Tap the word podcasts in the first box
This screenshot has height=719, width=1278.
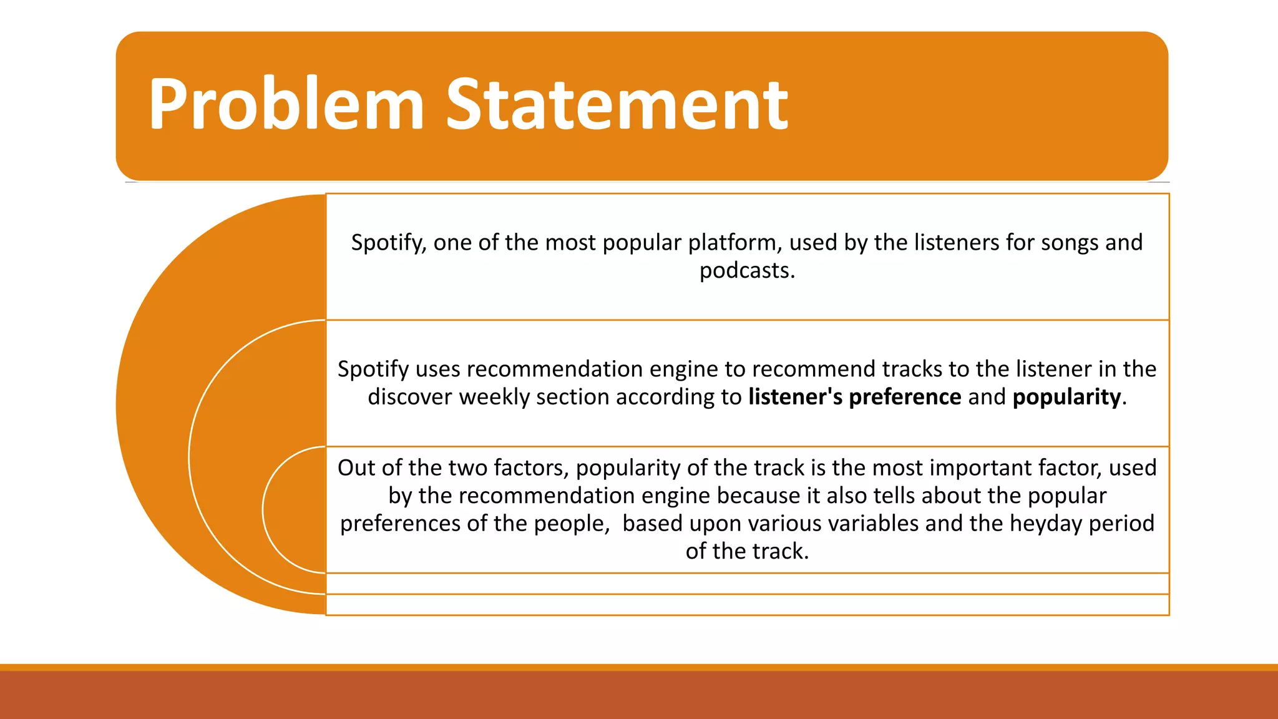point(746,271)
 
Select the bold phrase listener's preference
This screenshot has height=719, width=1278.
point(854,397)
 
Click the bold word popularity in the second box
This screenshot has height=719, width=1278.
point(1066,397)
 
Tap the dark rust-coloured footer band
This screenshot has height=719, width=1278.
point(639,696)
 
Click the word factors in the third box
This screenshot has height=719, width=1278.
point(531,467)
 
